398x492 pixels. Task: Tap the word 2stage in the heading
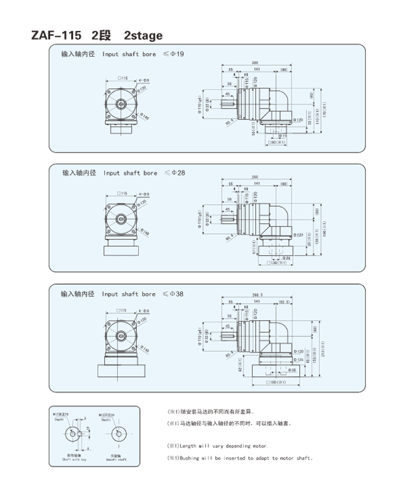coord(143,36)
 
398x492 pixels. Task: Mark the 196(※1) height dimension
coord(324,229)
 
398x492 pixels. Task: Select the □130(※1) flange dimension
coord(278,262)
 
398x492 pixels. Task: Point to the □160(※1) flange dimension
coord(278,383)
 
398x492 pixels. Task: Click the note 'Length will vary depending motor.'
coord(218,446)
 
